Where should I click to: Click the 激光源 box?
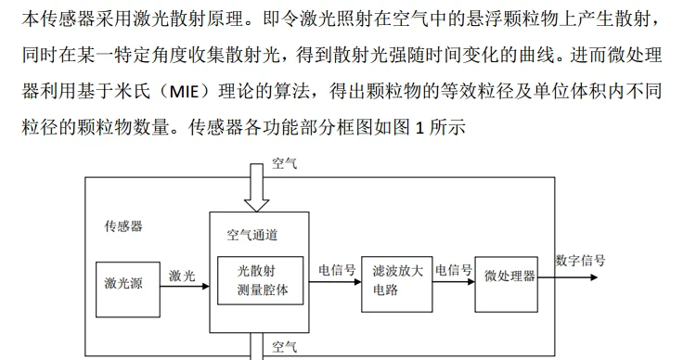click(128, 289)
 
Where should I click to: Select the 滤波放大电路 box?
click(397, 284)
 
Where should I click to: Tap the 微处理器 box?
click(507, 284)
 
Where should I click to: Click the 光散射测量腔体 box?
click(260, 280)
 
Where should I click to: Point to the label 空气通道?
click(252, 235)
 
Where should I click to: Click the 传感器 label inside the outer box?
click(123, 226)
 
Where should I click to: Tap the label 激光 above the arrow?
click(182, 276)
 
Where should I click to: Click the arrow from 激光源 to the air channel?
click(185, 287)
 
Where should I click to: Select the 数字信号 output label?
click(580, 261)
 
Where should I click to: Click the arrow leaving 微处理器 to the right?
click(568, 277)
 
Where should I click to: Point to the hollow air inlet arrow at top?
click(256, 187)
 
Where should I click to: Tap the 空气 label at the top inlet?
click(285, 164)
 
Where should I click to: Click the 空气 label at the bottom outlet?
click(285, 347)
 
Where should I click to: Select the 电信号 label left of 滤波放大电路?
click(338, 270)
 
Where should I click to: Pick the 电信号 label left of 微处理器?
click(454, 270)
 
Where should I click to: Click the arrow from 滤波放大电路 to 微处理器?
click(454, 282)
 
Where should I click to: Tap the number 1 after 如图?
click(419, 128)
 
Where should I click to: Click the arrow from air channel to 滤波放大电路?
click(335, 282)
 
